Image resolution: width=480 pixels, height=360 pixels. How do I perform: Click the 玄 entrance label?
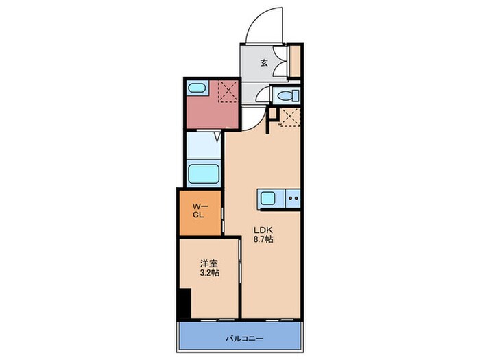(x=264, y=63)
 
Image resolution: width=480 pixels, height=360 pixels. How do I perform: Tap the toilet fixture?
(x=288, y=95)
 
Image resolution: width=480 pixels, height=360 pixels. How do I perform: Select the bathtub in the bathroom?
(x=204, y=173)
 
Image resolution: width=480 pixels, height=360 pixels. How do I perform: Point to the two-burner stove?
(x=293, y=198)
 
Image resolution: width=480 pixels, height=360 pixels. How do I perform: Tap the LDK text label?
(x=263, y=230)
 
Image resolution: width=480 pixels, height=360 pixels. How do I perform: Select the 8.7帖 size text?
(x=263, y=239)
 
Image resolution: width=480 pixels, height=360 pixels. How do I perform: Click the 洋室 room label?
(x=209, y=263)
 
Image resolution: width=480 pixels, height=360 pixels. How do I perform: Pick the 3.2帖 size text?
(x=209, y=272)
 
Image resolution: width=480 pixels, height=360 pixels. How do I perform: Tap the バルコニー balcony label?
(x=245, y=339)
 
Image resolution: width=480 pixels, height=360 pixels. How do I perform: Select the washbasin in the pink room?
(x=197, y=88)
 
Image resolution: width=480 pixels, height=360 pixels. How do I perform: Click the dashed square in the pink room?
(x=228, y=91)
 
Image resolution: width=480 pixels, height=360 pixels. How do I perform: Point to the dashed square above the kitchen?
(x=289, y=117)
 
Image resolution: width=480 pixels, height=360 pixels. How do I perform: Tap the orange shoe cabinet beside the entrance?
(x=295, y=60)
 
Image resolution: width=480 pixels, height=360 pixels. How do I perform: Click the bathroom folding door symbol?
(x=217, y=136)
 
